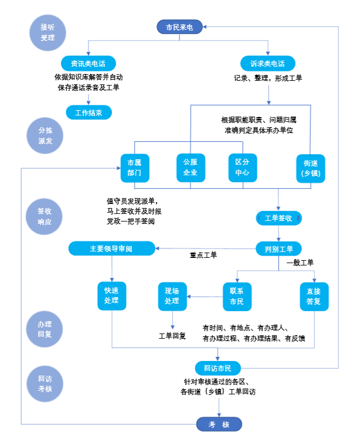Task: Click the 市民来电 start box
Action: click(179, 27)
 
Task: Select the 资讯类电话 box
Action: click(88, 63)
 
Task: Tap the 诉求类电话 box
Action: click(267, 63)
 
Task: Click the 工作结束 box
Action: click(88, 113)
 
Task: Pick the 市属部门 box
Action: click(134, 168)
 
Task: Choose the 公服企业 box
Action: click(191, 168)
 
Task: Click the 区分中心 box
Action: click(243, 168)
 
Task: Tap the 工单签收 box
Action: click(279, 218)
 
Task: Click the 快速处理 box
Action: click(111, 297)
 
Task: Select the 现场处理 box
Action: click(172, 297)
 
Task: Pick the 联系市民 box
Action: click(237, 297)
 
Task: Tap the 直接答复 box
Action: click(314, 297)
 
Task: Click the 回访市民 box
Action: click(218, 368)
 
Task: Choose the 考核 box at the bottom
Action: click(218, 424)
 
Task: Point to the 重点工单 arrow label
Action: click(203, 256)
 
